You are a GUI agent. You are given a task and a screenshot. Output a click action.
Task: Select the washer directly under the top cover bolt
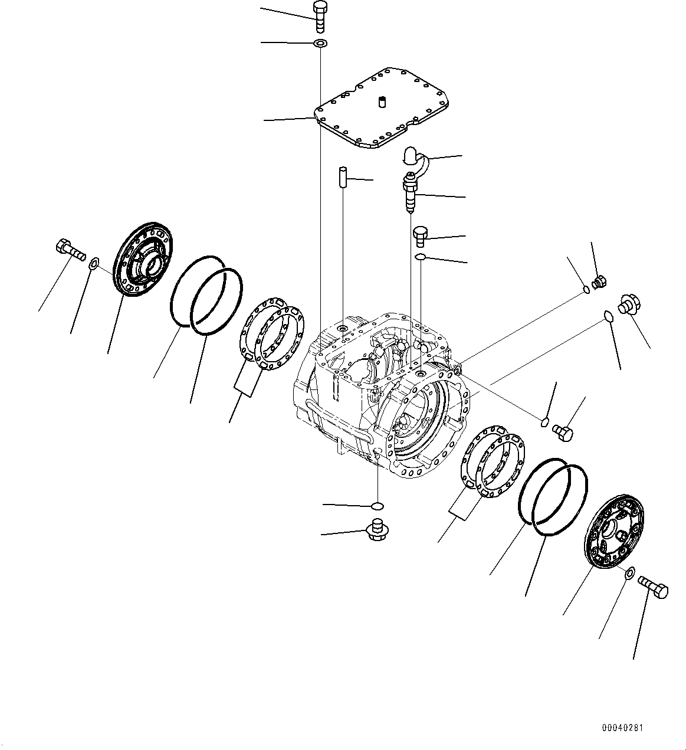tap(320, 43)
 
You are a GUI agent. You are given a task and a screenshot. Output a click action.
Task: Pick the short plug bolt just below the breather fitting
tap(421, 236)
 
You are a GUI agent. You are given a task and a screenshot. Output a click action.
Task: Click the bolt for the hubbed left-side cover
tap(68, 250)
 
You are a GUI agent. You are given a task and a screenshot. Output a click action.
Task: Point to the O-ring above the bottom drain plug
tap(378, 506)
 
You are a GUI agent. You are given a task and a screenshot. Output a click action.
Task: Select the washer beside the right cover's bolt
tap(629, 572)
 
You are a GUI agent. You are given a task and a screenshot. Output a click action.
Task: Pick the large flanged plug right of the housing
tap(629, 304)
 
